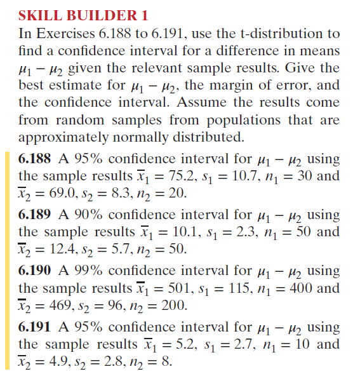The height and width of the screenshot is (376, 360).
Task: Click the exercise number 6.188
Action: click(x=36, y=159)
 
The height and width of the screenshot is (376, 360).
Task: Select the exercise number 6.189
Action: click(x=36, y=215)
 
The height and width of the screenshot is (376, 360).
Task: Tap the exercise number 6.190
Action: click(x=36, y=271)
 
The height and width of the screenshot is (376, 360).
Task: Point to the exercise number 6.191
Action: click(x=36, y=328)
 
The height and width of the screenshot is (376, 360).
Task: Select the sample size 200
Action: click(x=171, y=306)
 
